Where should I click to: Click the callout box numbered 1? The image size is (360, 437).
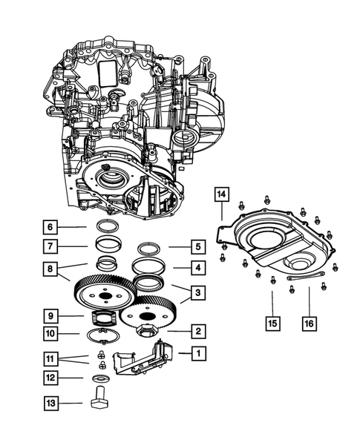tap(198, 354)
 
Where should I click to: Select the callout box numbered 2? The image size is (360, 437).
tap(198, 331)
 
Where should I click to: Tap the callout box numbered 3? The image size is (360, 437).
tap(198, 294)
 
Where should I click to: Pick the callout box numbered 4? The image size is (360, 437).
tap(198, 268)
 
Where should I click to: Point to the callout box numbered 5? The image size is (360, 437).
tap(198, 247)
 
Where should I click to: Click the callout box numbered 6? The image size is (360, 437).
tap(50, 227)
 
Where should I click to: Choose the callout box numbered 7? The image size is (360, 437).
tap(50, 246)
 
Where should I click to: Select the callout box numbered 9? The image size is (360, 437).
tap(50, 315)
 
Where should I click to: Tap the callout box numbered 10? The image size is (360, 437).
tap(50, 335)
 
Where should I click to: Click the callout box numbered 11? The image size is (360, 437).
tap(50, 360)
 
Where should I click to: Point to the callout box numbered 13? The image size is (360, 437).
tap(50, 404)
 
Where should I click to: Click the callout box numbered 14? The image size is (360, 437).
tap(221, 194)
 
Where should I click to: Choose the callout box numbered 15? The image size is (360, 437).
tap(273, 323)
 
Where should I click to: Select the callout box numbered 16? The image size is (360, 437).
tap(309, 323)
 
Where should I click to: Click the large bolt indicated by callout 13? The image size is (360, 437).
tap(99, 403)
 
